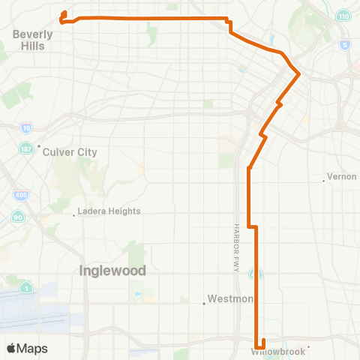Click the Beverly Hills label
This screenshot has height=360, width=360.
coord(33,40)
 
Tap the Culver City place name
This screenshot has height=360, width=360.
coord(70,151)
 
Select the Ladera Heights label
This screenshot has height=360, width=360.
coord(109,211)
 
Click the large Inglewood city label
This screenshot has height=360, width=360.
coord(112,271)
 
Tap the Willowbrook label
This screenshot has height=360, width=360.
coord(279,351)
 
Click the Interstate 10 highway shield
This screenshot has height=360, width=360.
coord(27,128)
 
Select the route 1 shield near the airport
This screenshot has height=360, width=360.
coord(27,287)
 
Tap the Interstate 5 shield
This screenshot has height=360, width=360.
coord(343,45)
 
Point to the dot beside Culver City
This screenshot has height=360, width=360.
coord(38,147)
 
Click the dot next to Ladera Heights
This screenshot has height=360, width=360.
coord(73,215)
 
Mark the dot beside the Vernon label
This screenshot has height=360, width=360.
coord(323,180)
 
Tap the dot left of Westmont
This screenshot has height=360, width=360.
coord(204,304)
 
